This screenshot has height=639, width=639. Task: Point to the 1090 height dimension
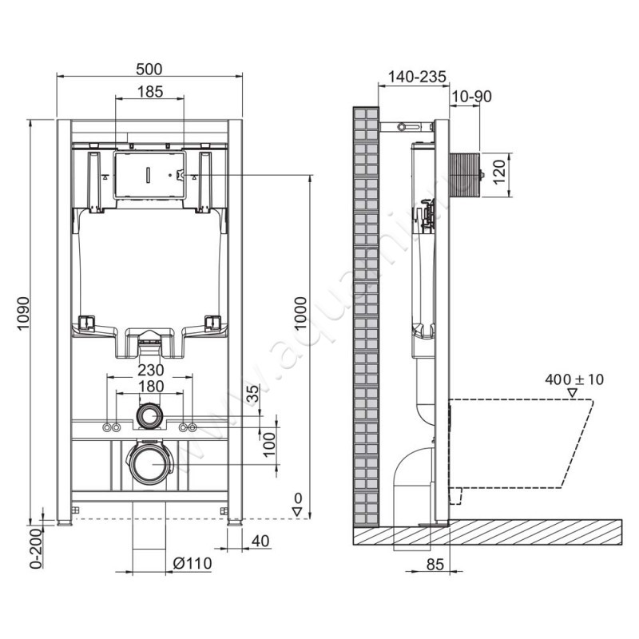[x=23, y=317]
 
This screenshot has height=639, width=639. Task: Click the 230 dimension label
[x=149, y=370]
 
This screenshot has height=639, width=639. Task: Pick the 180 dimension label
[x=149, y=387]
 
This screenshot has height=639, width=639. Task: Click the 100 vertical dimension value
[x=269, y=440]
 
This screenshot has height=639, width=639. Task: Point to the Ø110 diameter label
[x=192, y=563]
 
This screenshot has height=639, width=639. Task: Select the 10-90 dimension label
[x=470, y=97]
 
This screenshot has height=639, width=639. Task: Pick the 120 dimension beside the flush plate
[x=501, y=171]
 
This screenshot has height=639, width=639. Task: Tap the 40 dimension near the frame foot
[x=260, y=542]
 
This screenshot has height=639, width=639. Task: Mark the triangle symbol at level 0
[x=296, y=512]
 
